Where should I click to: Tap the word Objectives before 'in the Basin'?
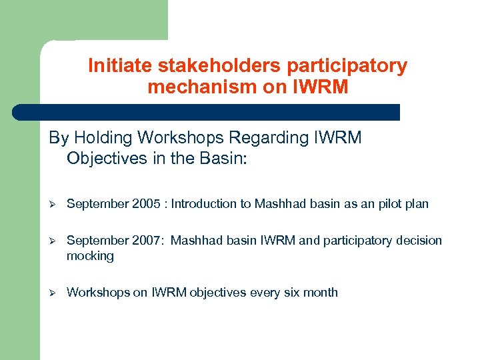click(x=107, y=159)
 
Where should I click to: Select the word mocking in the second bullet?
click(x=90, y=256)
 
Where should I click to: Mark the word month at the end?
click(x=323, y=292)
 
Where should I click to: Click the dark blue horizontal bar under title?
click(x=207, y=112)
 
